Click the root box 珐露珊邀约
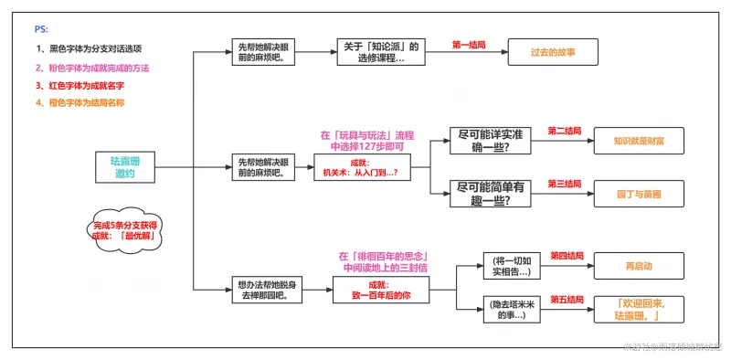[x=125, y=166]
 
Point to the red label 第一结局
[x=469, y=44]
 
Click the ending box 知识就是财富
[x=639, y=142]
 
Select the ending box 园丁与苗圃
[x=639, y=194]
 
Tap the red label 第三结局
[x=565, y=184]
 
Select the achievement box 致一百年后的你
[x=382, y=291]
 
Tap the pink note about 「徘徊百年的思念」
[x=384, y=262]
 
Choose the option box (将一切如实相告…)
[x=514, y=266]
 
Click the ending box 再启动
[x=639, y=266]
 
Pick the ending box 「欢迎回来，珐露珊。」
[x=639, y=309]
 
